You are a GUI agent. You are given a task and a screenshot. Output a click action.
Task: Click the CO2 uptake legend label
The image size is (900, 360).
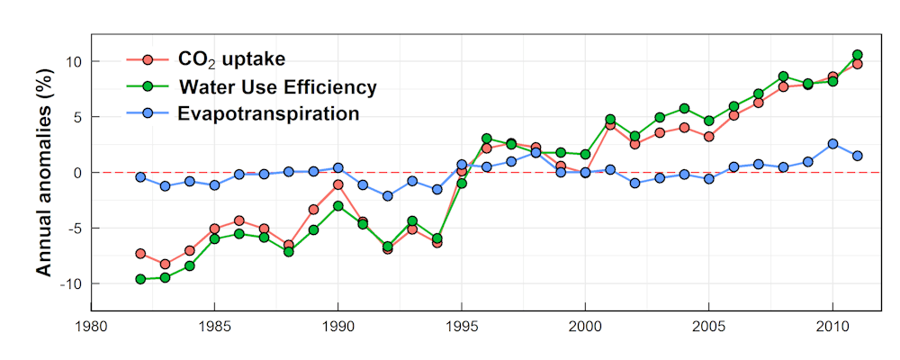(231, 59)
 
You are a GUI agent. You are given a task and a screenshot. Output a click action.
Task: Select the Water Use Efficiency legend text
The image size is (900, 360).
(277, 87)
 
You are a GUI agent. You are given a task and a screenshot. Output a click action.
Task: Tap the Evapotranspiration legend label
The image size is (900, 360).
(269, 113)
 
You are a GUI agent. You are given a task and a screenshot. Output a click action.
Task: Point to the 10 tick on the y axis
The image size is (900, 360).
(72, 61)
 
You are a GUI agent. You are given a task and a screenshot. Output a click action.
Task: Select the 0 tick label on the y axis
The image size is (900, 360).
(76, 173)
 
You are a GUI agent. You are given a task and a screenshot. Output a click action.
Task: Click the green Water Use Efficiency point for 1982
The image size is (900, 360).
(140, 279)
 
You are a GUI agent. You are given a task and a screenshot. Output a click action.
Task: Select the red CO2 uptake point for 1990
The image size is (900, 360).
(338, 184)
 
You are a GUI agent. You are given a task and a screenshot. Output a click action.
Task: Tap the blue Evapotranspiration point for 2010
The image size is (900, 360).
(832, 144)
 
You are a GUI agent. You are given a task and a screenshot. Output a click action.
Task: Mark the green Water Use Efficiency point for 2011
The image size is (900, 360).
(858, 55)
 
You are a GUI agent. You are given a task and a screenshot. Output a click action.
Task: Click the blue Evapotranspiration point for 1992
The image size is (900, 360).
(388, 196)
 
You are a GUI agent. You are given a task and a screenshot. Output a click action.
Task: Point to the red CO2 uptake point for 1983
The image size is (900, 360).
(165, 264)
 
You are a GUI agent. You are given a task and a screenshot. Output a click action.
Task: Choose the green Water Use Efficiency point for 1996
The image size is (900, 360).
(487, 139)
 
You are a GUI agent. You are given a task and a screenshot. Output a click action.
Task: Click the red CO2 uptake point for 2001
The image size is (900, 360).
(610, 125)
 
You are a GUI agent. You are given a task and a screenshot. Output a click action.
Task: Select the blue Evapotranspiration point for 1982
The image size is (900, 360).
(140, 177)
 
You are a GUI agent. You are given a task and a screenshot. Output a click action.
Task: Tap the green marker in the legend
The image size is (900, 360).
(148, 87)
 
